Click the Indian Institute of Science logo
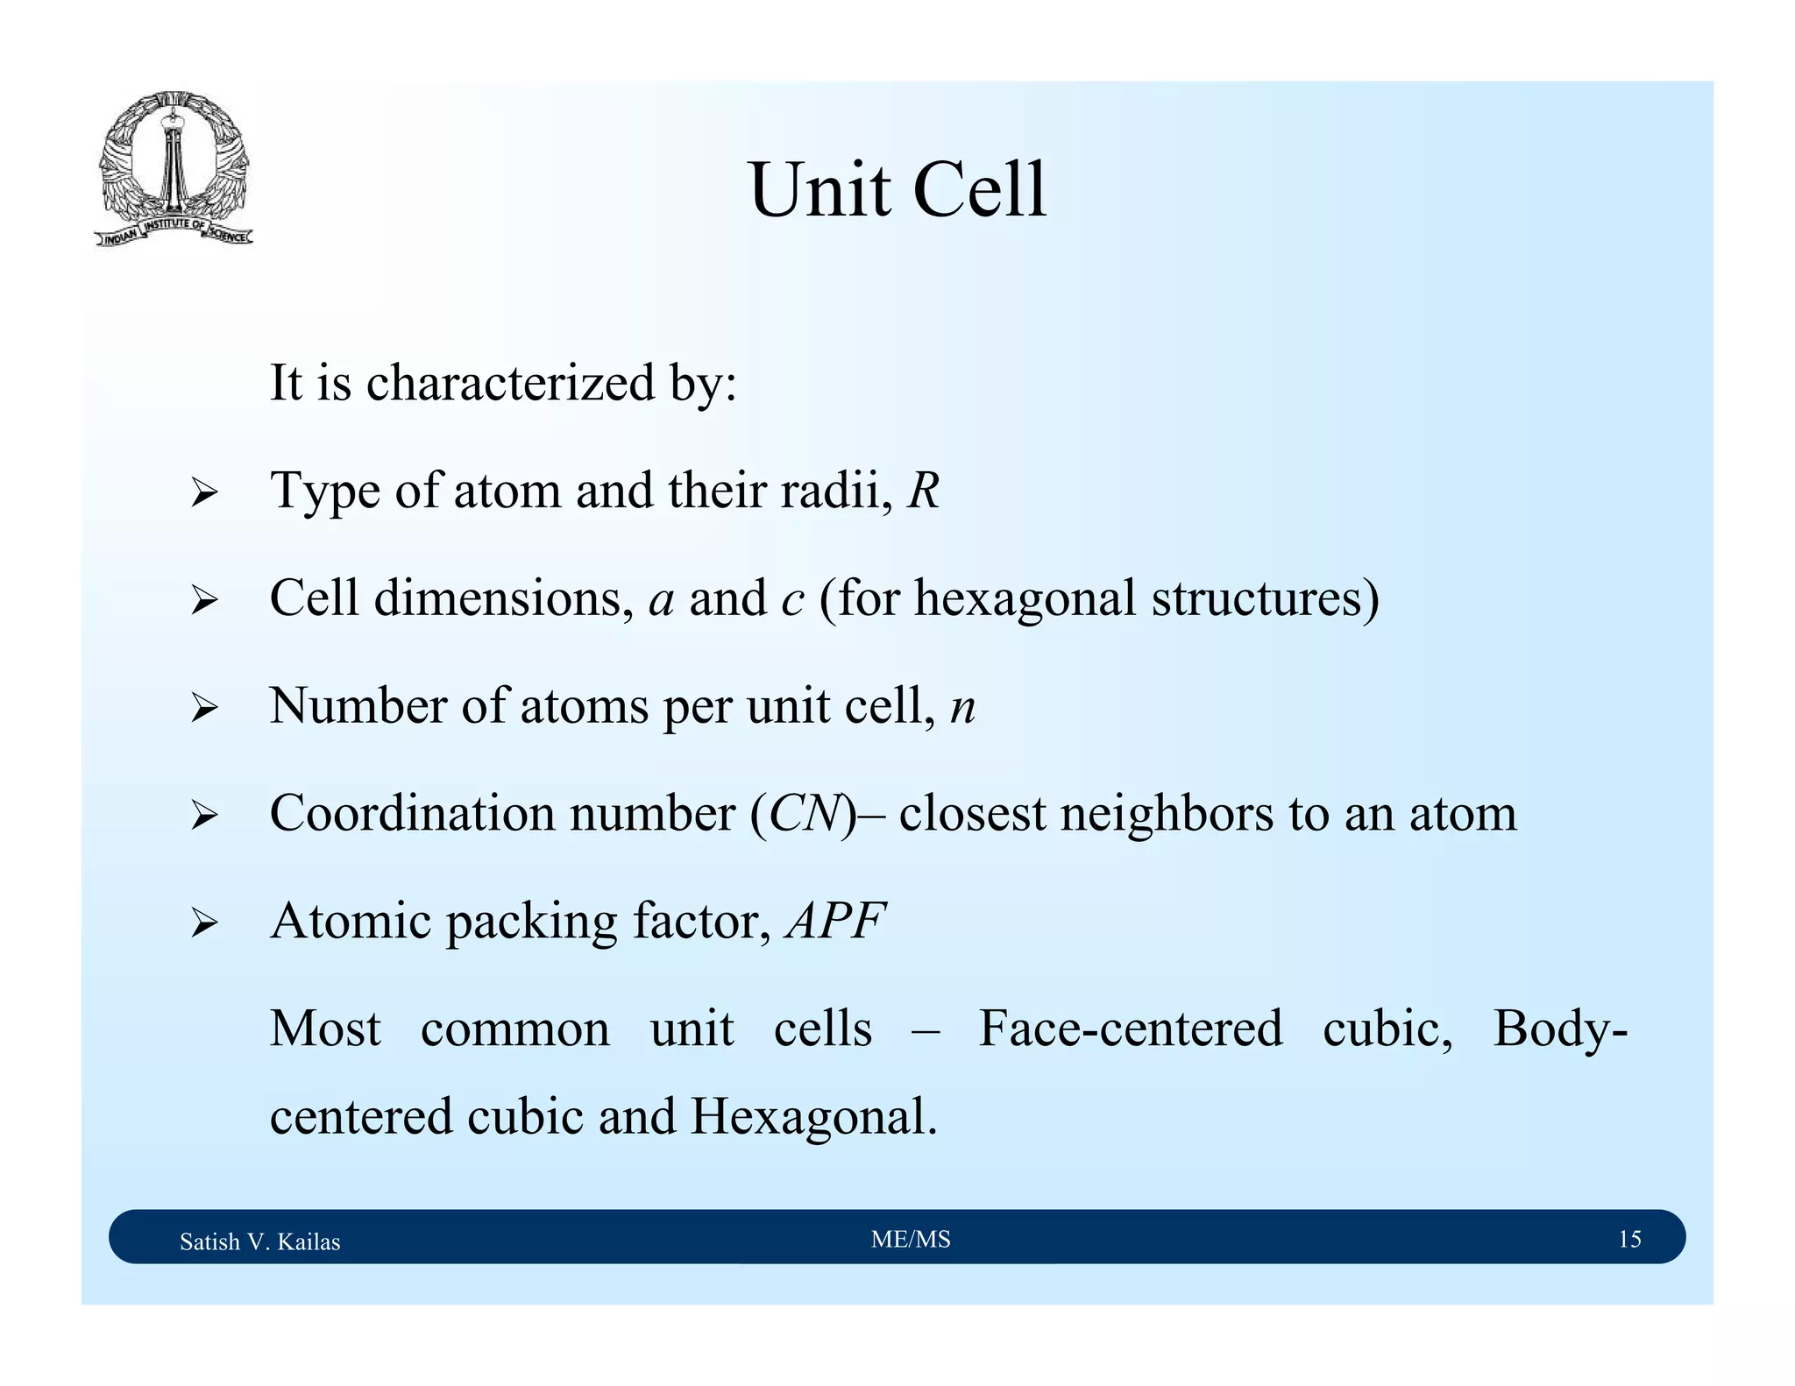point(174,168)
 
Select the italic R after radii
point(923,491)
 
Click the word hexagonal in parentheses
point(1025,599)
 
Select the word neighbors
point(1167,814)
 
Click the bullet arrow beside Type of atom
point(203,493)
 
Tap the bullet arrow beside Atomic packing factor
point(203,924)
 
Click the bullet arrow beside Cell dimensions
point(203,601)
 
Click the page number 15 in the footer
point(1629,1239)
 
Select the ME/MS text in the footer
point(911,1239)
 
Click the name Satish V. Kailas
point(259,1241)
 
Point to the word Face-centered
point(1130,1029)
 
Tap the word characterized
point(510,384)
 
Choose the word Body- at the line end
point(1560,1029)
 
